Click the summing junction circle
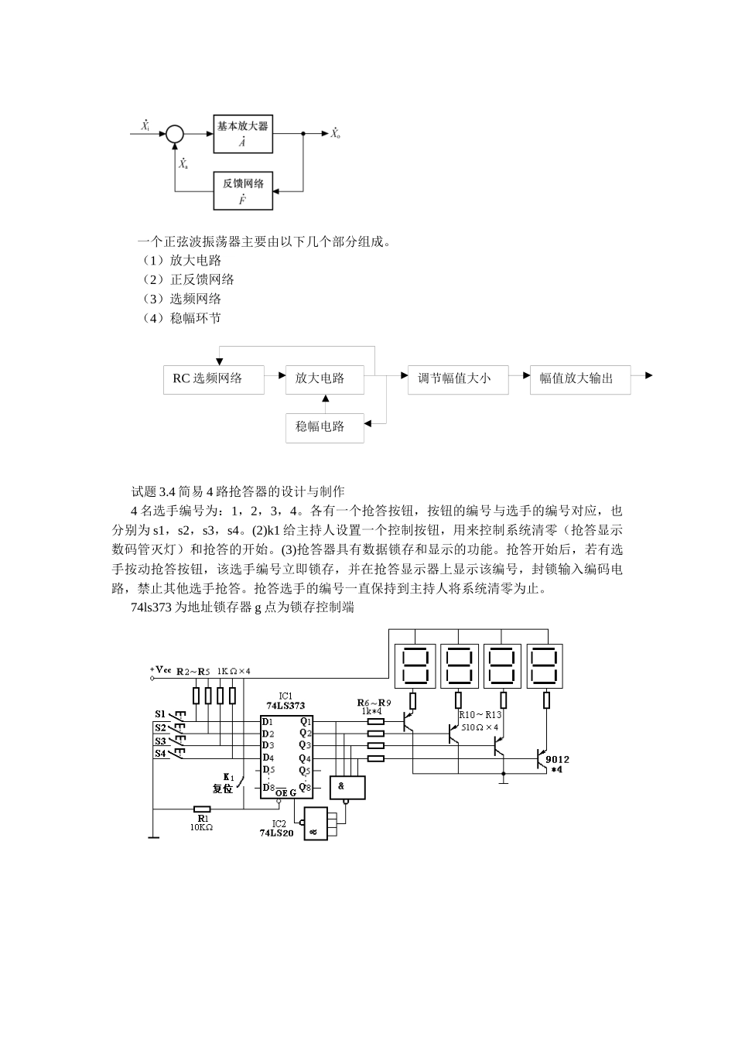tap(175, 134)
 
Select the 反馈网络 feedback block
tap(243, 191)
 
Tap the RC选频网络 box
tap(214, 379)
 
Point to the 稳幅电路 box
tap(324, 426)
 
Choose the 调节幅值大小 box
tap(458, 379)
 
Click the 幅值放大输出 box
tap(579, 379)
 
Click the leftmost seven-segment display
tap(413, 665)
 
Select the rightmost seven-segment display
tap(545, 665)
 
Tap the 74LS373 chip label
tap(285, 706)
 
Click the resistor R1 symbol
tap(203, 809)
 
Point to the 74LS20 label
tap(276, 834)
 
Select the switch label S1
tap(160, 713)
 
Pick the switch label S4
tap(160, 753)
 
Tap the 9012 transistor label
tap(557, 759)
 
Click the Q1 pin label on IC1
tap(306, 721)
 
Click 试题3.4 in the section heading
tap(154, 491)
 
